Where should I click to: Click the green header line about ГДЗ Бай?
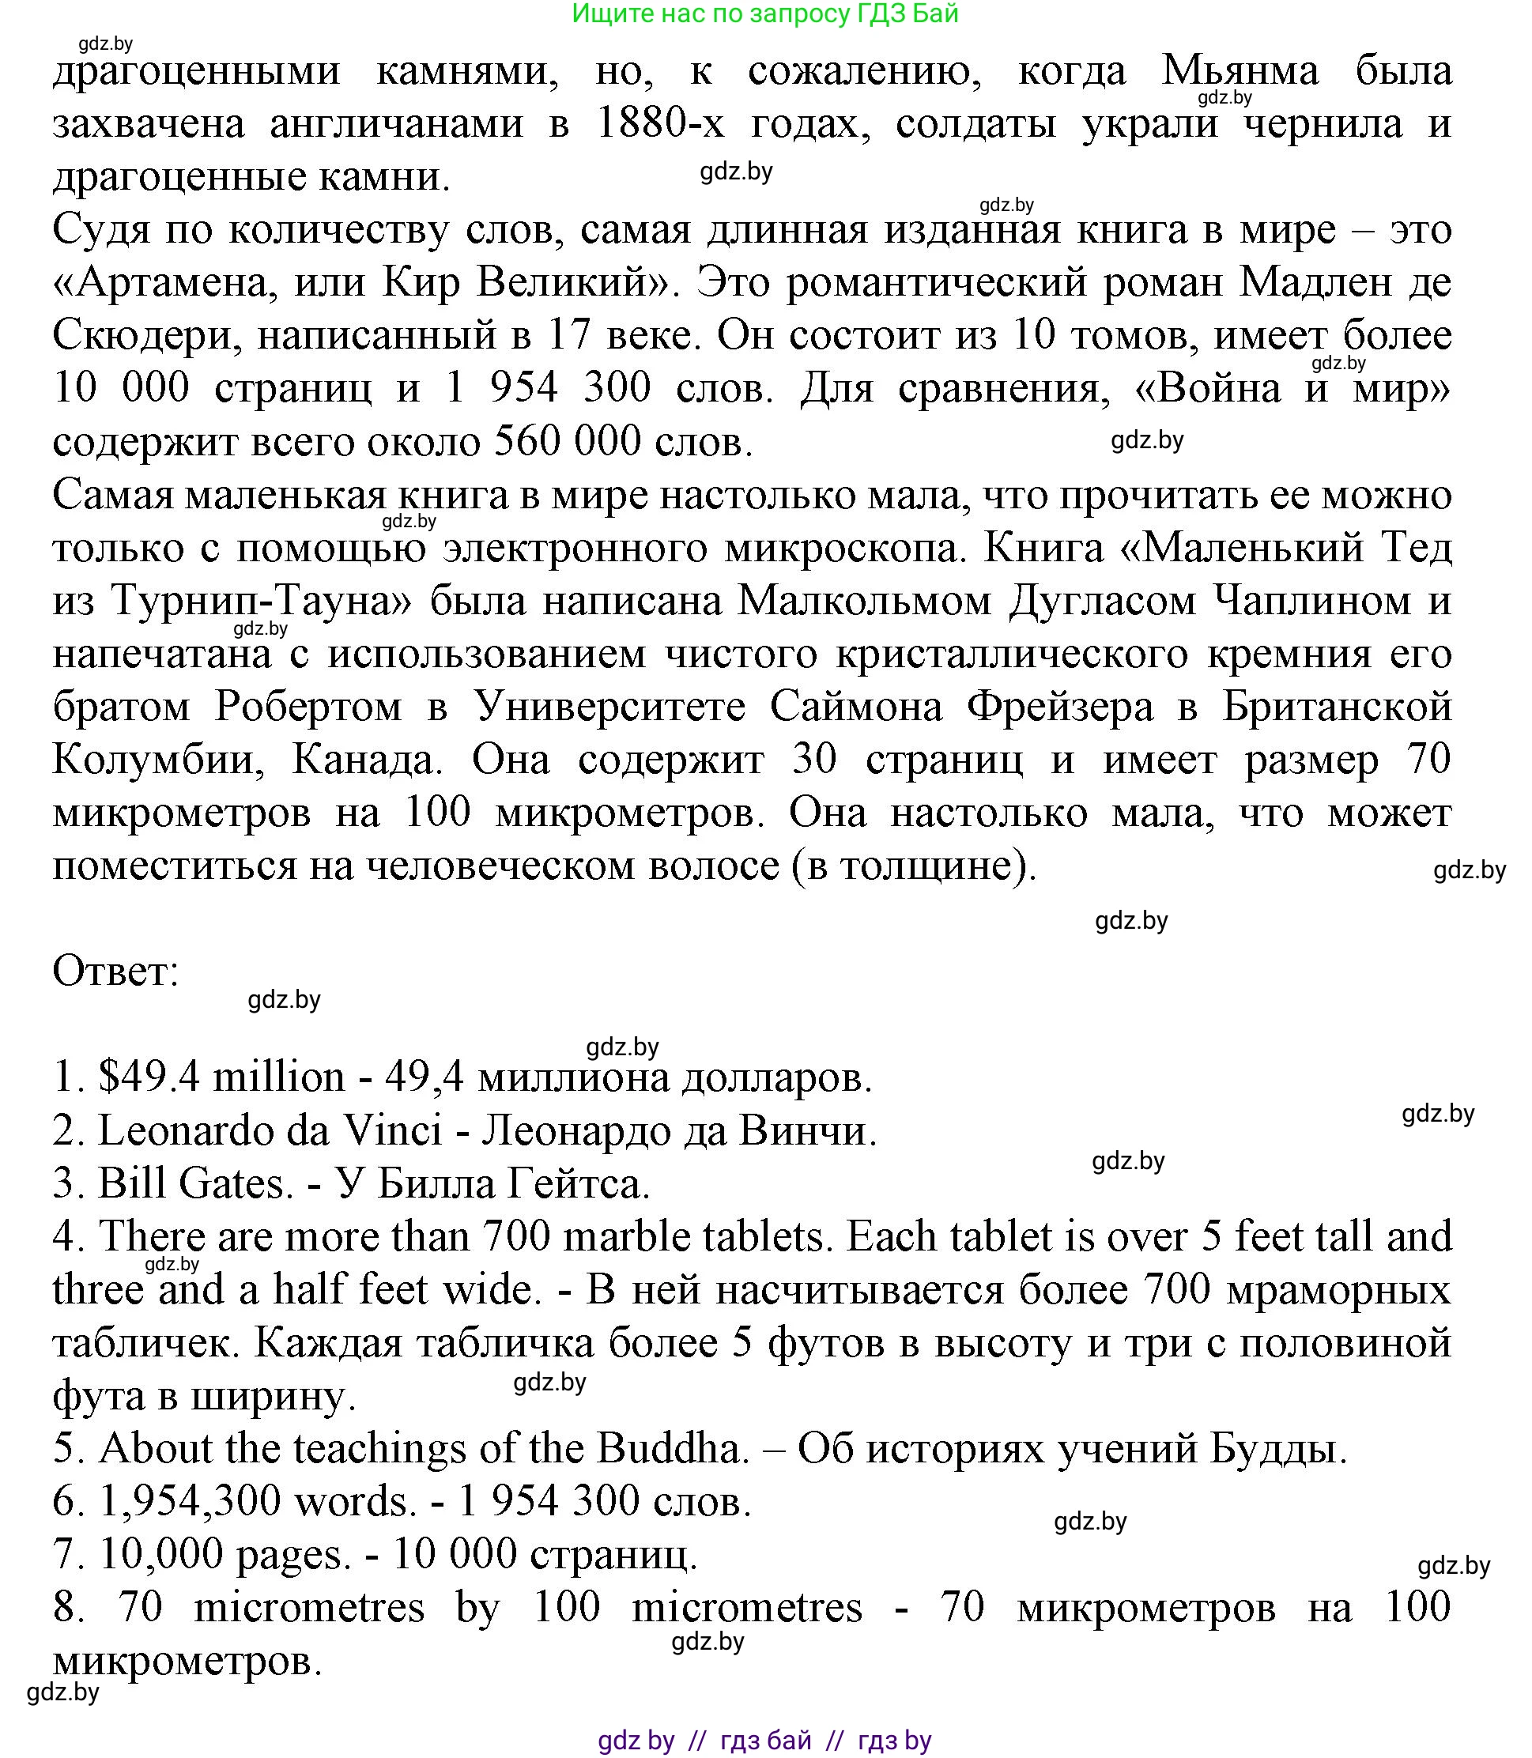click(x=765, y=13)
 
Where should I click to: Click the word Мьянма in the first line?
click(x=1240, y=71)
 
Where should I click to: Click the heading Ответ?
click(x=116, y=971)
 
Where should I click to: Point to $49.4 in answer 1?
click(x=149, y=1077)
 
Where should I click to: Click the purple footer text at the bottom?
click(x=764, y=1741)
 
